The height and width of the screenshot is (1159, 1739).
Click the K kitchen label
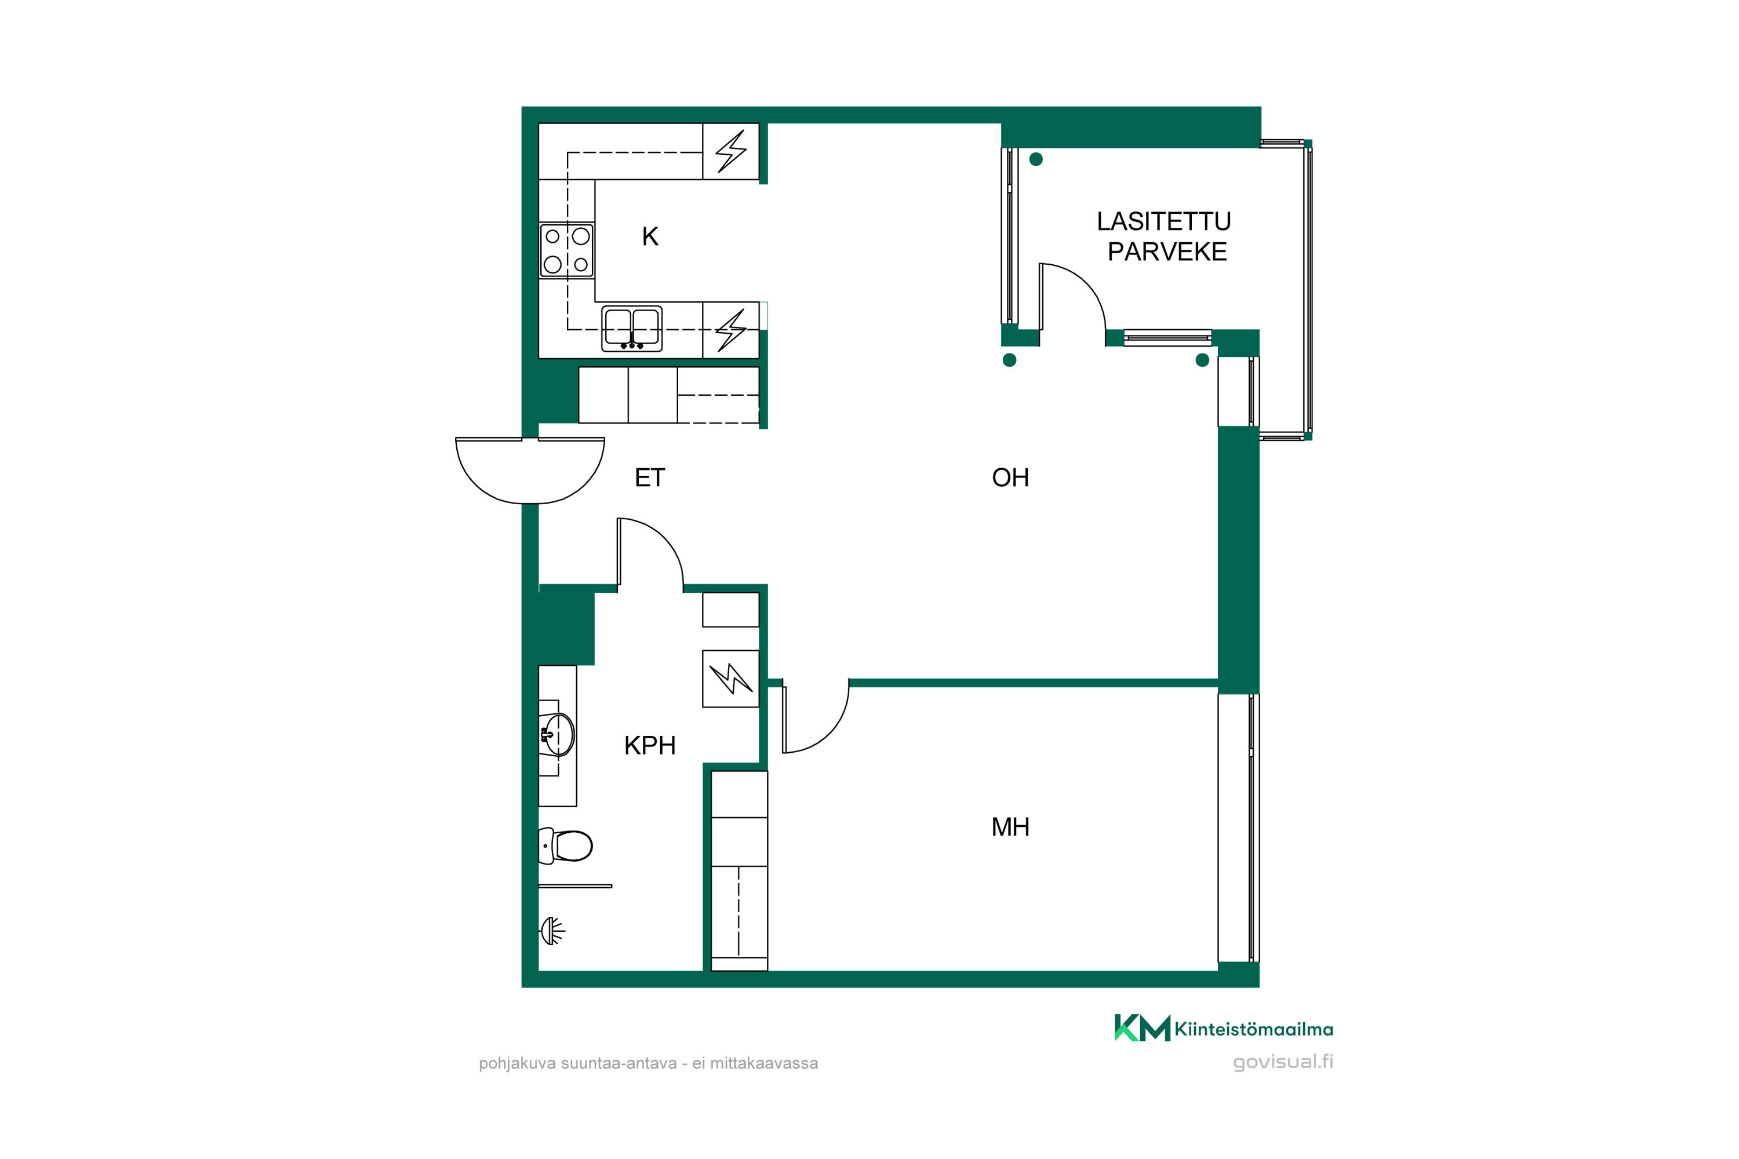coord(650,236)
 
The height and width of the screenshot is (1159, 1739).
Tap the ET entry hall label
coord(650,478)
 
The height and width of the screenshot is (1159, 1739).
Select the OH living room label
coord(1010,478)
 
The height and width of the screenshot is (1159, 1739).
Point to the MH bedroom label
coord(1010,826)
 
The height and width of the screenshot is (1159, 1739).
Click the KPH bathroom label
coord(650,745)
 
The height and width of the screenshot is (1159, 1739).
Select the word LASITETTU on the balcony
coord(1164,221)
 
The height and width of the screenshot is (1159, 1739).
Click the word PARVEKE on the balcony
coord(1167,252)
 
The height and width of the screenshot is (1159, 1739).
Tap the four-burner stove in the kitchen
coord(567,250)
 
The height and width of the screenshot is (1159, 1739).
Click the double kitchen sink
coord(631,328)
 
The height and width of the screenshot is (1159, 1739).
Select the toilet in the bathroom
coord(566,845)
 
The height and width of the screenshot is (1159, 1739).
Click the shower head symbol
coord(552,931)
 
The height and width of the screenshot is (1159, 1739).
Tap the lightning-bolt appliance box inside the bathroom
coord(730,679)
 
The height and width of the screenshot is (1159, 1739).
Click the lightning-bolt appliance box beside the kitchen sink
coord(730,330)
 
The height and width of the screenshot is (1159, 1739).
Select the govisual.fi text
coord(1283,1062)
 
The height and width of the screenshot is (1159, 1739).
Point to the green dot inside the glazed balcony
coord(1036,159)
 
